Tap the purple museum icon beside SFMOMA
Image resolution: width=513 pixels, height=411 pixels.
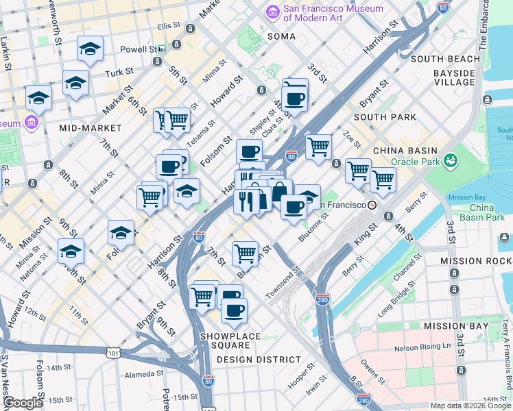tap(273, 13)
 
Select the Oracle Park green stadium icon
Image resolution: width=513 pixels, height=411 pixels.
tap(451, 161)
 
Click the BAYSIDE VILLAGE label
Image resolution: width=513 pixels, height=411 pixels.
tap(444, 77)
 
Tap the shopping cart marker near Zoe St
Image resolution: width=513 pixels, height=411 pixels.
tap(318, 147)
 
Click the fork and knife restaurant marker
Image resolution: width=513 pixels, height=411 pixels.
tap(246, 201)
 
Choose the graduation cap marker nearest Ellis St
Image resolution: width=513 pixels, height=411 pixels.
tap(90, 49)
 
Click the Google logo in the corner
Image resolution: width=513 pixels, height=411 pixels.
tap(23, 403)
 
